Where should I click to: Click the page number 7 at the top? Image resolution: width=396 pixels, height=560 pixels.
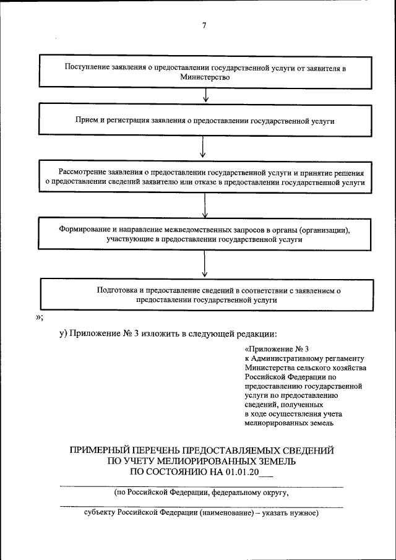pyautogui.click(x=204, y=25)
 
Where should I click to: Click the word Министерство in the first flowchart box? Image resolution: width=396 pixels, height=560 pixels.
pyautogui.click(x=205, y=77)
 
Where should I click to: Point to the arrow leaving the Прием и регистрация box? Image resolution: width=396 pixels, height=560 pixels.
pyautogui.click(x=204, y=149)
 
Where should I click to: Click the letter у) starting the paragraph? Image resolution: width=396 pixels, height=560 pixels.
pyautogui.click(x=63, y=334)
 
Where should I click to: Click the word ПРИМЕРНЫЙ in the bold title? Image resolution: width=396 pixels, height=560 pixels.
pyautogui.click(x=105, y=450)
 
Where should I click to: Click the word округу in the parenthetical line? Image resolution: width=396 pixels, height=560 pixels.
pyautogui.click(x=275, y=494)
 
